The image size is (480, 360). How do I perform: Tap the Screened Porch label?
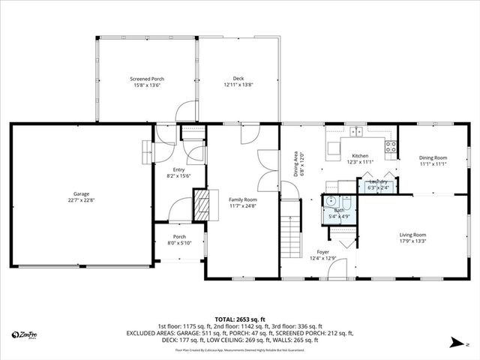[x=146, y=79]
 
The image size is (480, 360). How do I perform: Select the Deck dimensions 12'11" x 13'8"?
[x=238, y=85]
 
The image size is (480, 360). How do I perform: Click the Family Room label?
[x=243, y=199]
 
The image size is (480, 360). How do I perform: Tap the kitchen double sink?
[x=355, y=132]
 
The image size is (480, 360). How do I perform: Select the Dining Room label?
[x=433, y=157]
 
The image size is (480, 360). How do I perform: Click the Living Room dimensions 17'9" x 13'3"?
[x=412, y=241]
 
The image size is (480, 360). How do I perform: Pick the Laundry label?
[x=378, y=181]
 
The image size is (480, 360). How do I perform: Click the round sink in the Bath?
[x=329, y=201]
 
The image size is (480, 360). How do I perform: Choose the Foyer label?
[x=322, y=252]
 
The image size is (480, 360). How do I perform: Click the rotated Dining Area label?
[x=295, y=163]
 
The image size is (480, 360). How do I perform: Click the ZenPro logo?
[x=26, y=334]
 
